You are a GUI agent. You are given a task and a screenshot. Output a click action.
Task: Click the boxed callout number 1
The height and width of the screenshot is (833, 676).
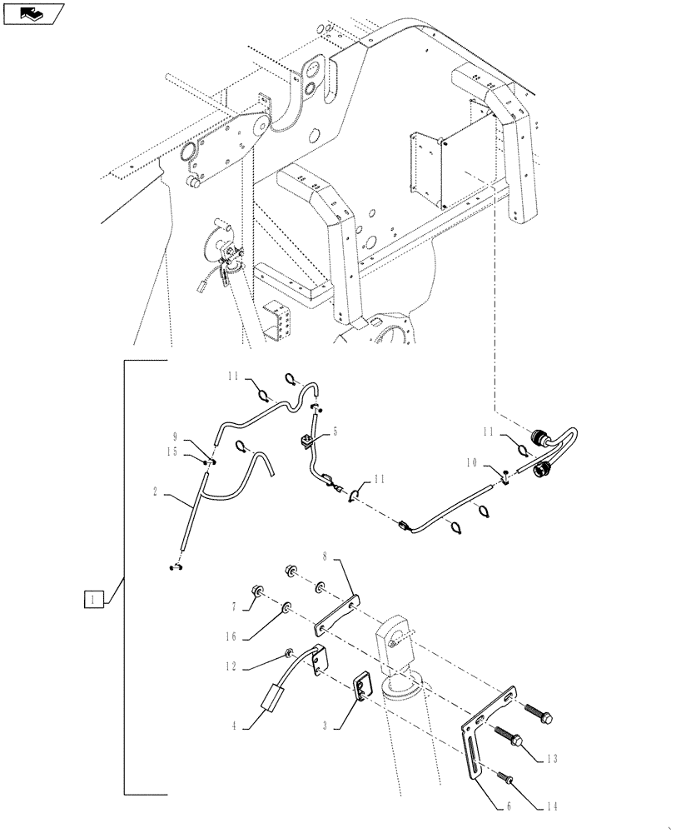tap(94, 598)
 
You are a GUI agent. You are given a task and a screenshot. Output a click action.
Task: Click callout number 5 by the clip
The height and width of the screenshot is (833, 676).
tap(336, 432)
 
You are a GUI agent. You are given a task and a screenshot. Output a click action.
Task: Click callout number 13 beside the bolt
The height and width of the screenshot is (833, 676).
tap(554, 759)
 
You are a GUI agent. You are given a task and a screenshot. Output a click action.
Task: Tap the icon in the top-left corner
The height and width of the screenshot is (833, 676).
tap(33, 14)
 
